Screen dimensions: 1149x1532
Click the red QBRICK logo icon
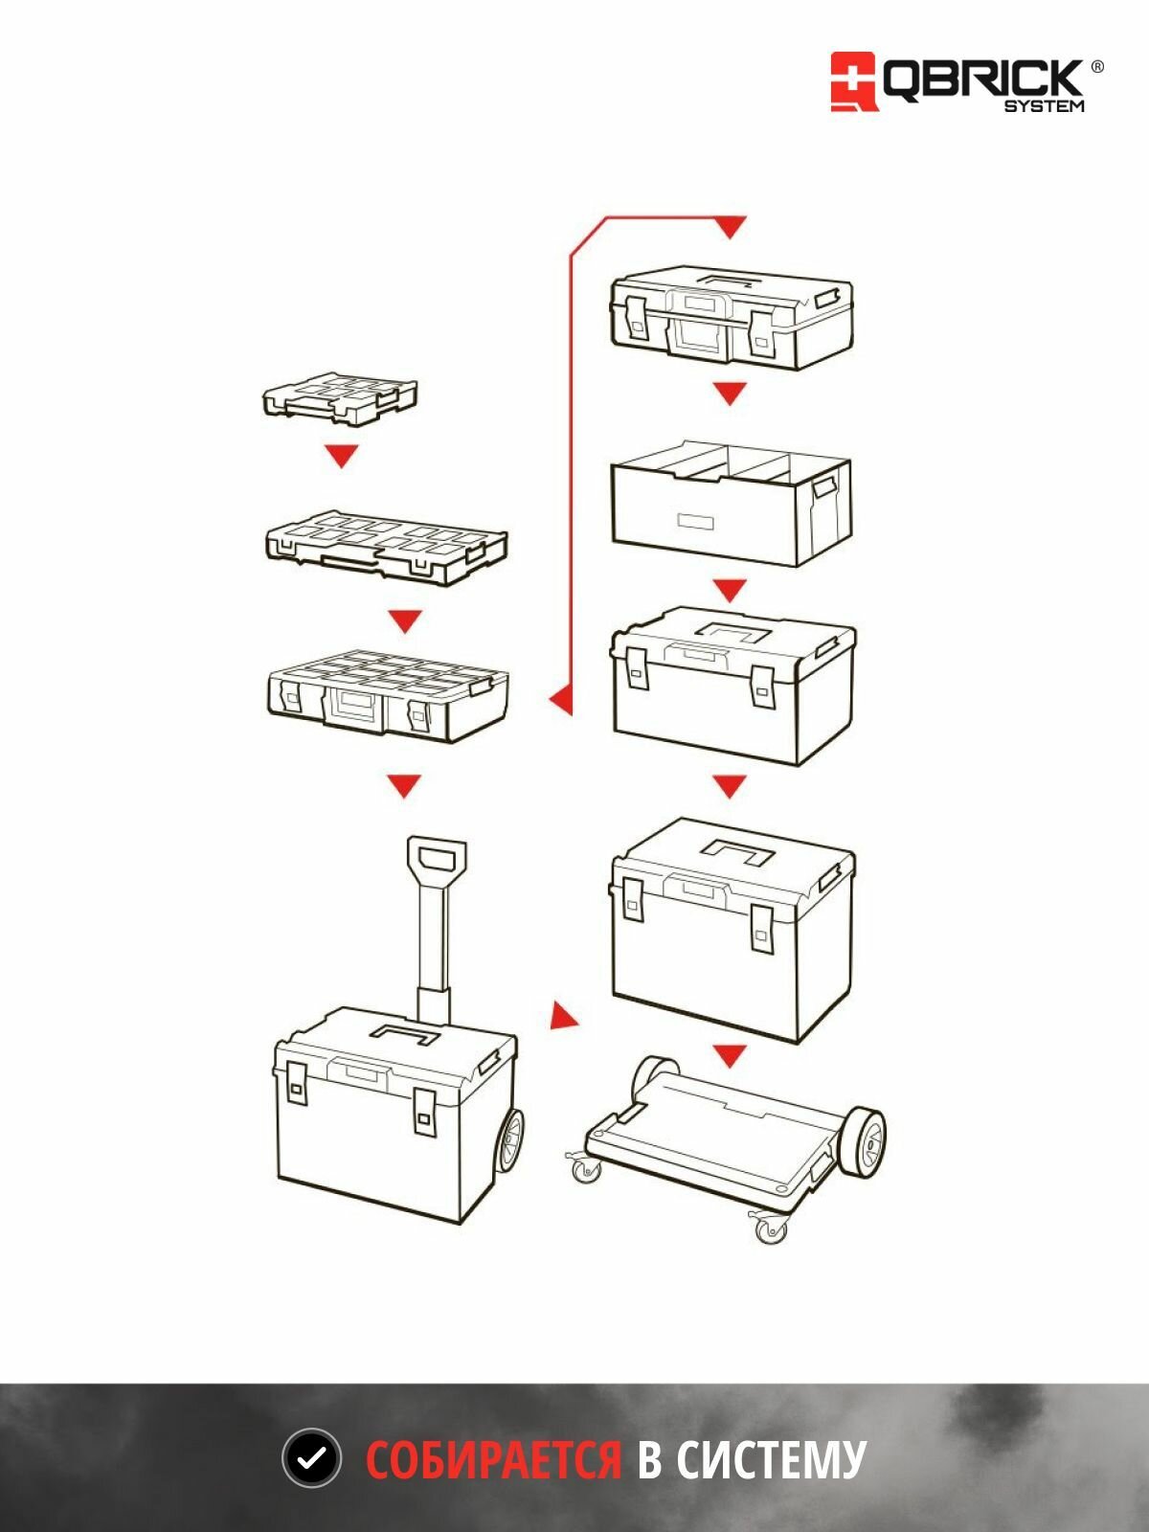point(854,81)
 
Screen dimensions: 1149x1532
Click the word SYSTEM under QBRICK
point(1044,106)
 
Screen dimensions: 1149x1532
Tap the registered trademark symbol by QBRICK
point(1096,67)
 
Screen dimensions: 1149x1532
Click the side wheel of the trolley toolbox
point(510,1142)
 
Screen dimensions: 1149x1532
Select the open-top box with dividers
point(732,503)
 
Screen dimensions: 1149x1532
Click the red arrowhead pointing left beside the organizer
point(561,699)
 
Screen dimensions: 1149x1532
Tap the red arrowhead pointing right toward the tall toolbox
point(564,1016)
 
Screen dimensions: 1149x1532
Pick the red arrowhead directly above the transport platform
point(730,1056)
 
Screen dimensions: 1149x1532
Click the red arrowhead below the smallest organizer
point(342,456)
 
